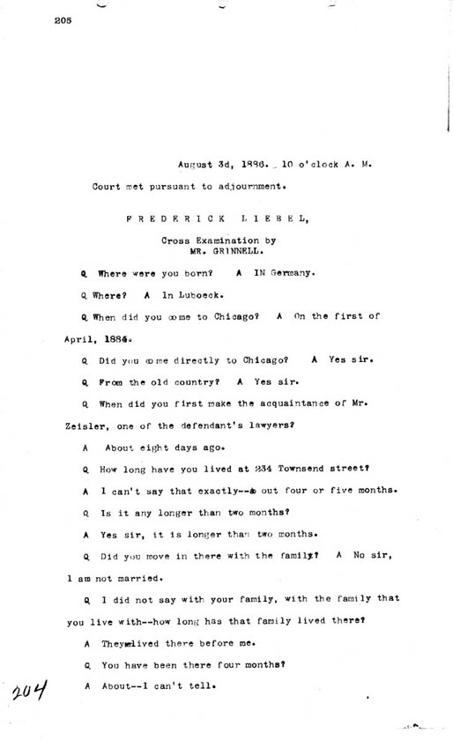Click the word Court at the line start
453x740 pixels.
[108, 186]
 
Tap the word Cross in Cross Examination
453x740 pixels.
[176, 239]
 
